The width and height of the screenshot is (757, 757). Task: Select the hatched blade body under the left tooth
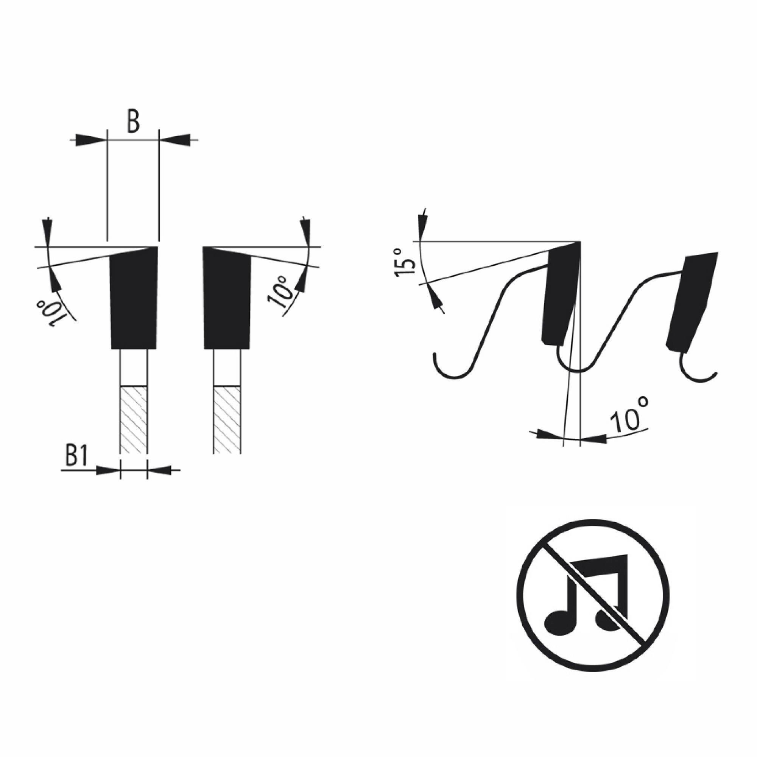click(x=134, y=420)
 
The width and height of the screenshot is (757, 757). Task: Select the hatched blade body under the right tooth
click(x=227, y=420)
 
